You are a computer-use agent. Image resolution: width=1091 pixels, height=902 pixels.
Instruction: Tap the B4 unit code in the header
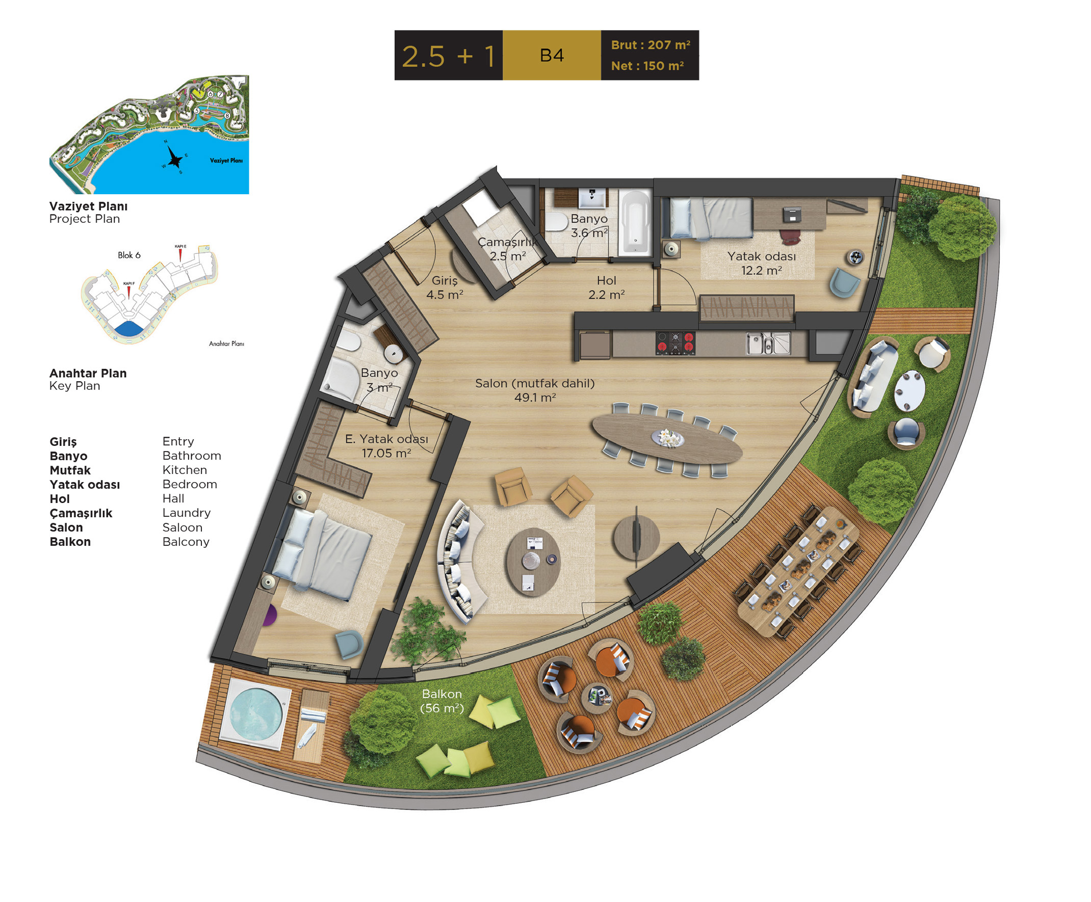coord(552,56)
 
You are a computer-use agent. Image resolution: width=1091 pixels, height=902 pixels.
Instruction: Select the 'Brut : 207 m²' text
coord(651,45)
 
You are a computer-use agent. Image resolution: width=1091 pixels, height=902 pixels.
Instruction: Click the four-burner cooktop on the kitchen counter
coord(675,343)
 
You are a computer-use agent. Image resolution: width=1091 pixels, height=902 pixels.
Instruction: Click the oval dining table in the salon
coord(667,439)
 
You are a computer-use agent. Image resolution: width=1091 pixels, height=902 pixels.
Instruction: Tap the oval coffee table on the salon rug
coord(533,562)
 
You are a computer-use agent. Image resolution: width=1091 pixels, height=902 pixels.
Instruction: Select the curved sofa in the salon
coord(460,561)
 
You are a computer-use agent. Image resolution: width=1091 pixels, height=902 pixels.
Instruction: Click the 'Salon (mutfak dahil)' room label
coord(535,383)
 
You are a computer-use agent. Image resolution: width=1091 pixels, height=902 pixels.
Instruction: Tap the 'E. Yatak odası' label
coord(386,439)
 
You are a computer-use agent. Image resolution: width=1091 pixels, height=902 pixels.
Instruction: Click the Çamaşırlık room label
coord(507,242)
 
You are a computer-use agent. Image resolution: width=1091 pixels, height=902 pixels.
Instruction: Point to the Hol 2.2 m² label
coord(606,288)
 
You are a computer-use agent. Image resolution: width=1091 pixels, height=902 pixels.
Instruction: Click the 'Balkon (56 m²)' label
coord(441,701)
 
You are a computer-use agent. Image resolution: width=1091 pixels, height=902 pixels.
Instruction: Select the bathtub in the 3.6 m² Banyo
coord(635,223)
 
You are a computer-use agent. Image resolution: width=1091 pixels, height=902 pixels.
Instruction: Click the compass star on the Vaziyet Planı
coord(175,157)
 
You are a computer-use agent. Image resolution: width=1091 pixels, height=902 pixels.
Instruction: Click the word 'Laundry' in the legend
coord(187,513)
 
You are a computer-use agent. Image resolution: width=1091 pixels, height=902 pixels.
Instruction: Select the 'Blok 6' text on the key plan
coord(129,255)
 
